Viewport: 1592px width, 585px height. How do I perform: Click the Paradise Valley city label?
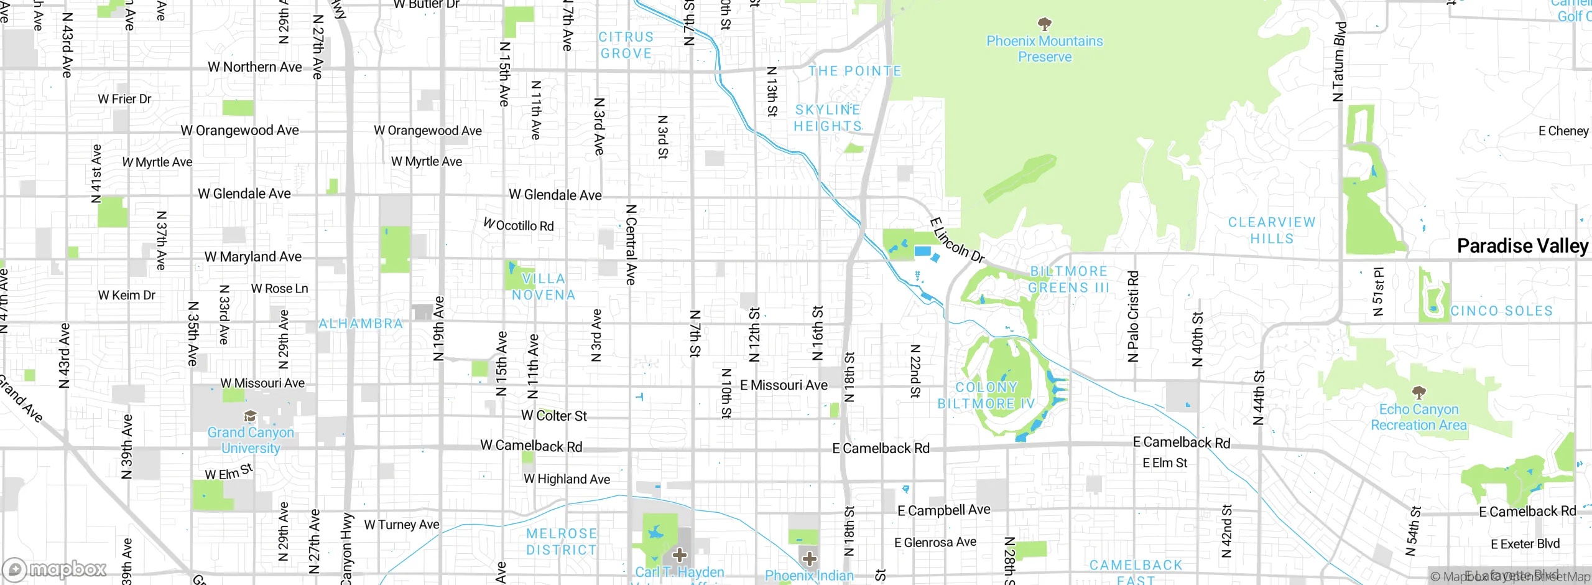[x=1522, y=246]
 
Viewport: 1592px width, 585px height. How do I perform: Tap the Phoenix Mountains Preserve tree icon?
[x=1045, y=24]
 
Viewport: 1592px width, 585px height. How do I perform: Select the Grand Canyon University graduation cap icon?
[x=250, y=416]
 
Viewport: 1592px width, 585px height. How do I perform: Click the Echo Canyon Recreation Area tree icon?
[x=1418, y=392]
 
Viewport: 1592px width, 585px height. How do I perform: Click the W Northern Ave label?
[x=254, y=67]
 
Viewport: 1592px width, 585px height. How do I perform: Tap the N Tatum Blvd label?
[x=1339, y=62]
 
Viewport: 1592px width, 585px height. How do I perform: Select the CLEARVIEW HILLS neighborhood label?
[x=1272, y=230]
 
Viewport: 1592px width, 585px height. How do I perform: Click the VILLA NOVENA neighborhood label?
[x=544, y=287]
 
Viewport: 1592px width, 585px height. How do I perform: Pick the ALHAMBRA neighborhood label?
[x=361, y=324]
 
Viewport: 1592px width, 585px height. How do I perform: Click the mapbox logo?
[x=55, y=569]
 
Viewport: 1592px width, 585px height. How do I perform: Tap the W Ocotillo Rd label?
[x=519, y=225]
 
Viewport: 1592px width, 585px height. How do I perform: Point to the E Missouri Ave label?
[x=784, y=385]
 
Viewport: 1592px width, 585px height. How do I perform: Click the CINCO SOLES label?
[x=1501, y=311]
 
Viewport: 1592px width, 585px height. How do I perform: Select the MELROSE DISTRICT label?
[x=561, y=541]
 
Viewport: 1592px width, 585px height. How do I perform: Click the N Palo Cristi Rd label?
[x=1133, y=316]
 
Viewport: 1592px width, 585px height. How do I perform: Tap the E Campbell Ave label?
[x=943, y=510]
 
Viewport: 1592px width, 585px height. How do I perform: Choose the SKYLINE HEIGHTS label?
[x=828, y=118]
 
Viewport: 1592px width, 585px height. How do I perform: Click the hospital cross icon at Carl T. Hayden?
[x=680, y=555]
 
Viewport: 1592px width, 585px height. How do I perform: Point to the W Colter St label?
[x=553, y=416]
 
